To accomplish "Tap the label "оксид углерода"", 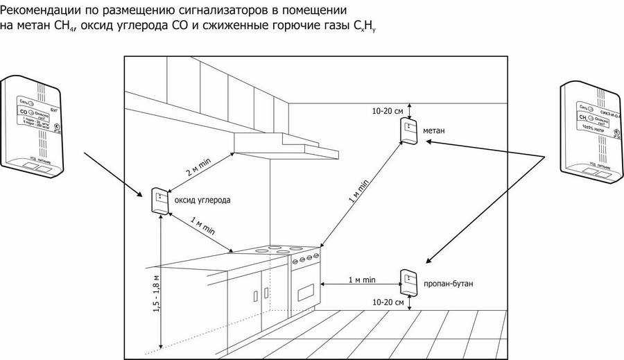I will pos(201,200).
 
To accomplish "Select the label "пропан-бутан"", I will pos(444,284).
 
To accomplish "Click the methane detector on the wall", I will pos(408,130).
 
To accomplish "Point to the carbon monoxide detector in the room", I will pos(159,201).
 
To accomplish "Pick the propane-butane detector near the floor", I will pos(408,281).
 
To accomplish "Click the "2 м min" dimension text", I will pos(198,166).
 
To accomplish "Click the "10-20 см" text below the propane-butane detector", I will pos(388,302).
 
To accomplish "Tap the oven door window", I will pos(306,291).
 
